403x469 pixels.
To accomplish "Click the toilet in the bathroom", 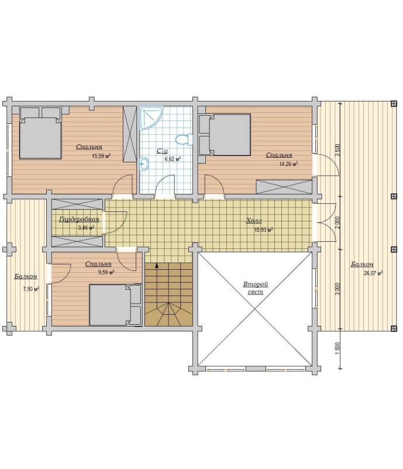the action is [x=184, y=140].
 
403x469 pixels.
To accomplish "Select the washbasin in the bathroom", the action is [x=144, y=164].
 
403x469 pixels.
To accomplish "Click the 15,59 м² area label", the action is [x=101, y=156].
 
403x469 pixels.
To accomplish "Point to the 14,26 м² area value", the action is [x=288, y=164].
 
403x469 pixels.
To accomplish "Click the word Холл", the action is [x=254, y=221].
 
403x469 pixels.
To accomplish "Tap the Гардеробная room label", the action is [x=79, y=220].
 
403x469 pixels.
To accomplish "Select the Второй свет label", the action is [x=256, y=288].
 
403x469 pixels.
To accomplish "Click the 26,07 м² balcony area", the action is [x=373, y=273].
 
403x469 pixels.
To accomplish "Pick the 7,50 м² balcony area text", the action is [x=31, y=289].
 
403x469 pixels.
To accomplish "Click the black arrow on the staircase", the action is [x=157, y=265].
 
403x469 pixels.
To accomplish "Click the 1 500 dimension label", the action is [x=337, y=349].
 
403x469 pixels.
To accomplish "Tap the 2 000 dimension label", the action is [x=337, y=223].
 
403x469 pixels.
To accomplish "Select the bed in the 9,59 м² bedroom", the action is [x=115, y=305].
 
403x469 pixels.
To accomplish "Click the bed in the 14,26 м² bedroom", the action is [x=225, y=134].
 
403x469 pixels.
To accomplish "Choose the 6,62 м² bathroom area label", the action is [x=173, y=159].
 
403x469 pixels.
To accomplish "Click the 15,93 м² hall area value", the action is [x=263, y=230].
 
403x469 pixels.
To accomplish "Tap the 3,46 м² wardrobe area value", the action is [x=87, y=228].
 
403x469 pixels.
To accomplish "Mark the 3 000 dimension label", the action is [x=337, y=289].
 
